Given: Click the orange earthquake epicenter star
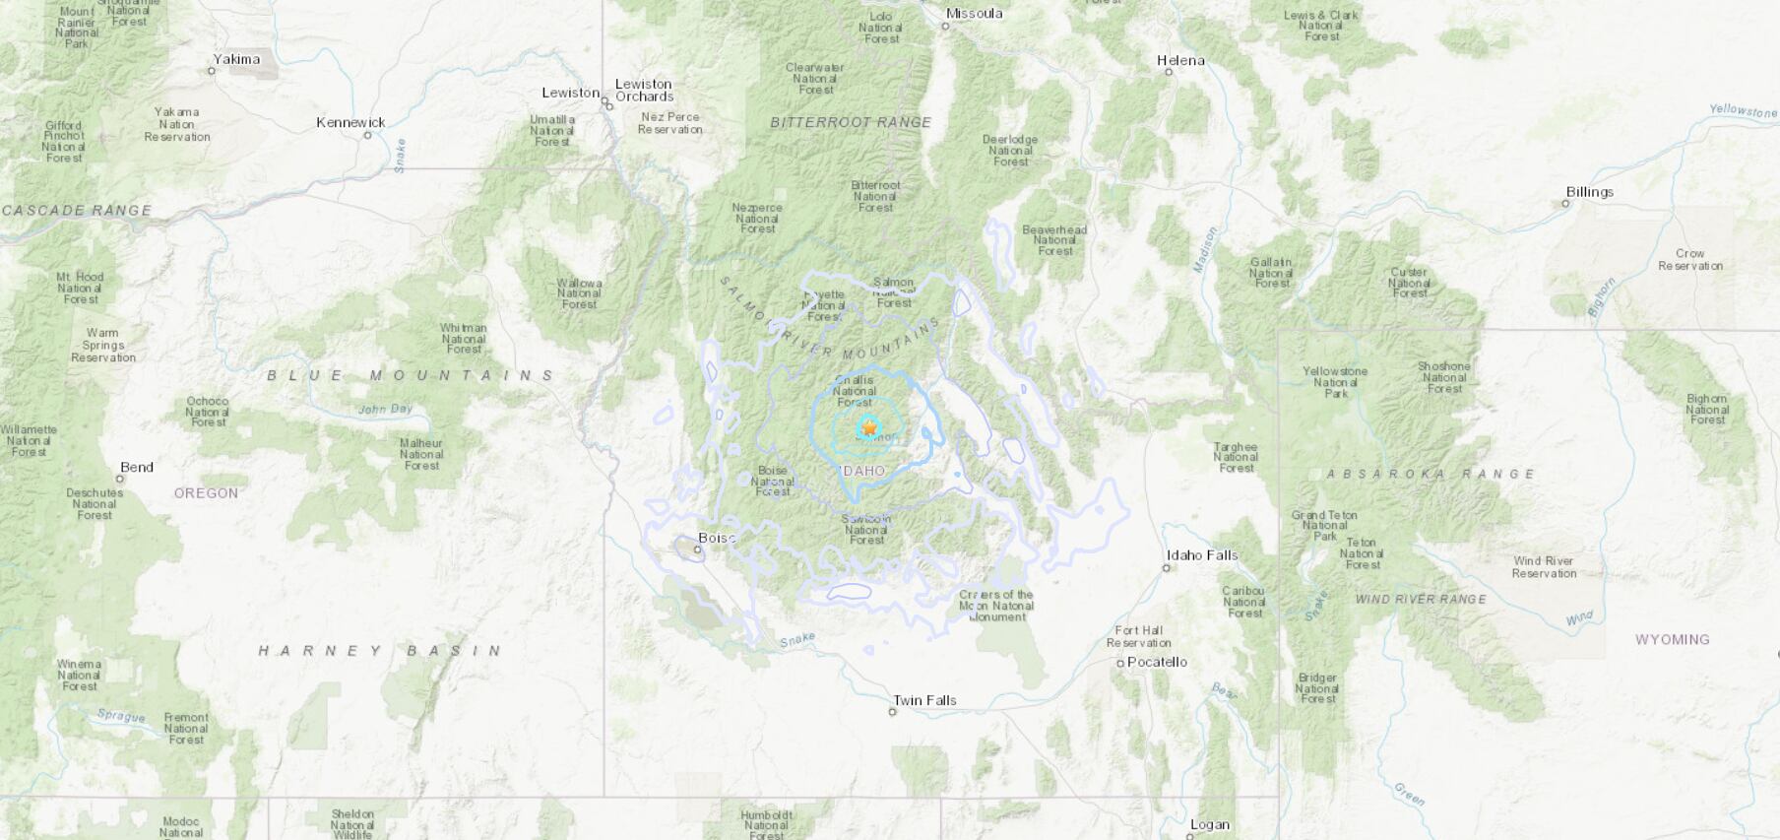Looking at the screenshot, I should tap(869, 427).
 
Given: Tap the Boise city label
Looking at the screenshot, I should tap(717, 538).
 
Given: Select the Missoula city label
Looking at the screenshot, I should tap(974, 13).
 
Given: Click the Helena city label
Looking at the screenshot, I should tap(1180, 60).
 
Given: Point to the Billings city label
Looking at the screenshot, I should tap(1589, 192).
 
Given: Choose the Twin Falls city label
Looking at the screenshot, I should tap(923, 700).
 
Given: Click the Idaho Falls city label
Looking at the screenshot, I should tap(1201, 554).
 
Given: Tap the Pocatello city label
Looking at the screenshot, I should tap(1157, 662).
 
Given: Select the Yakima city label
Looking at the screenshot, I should tap(237, 59).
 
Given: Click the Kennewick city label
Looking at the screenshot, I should tap(350, 122).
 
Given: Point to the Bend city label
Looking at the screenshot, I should tap(137, 467).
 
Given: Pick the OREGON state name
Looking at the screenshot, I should tap(206, 492).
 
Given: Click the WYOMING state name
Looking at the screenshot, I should tap(1672, 639).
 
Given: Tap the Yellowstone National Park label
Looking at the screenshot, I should tap(1335, 382).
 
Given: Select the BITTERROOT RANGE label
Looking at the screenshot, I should tap(851, 122).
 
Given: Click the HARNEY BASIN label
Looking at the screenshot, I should tap(380, 650).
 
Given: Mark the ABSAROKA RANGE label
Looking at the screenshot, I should tap(1430, 474).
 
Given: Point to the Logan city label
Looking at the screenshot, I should tap(1209, 825).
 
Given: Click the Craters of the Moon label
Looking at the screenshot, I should tap(996, 605).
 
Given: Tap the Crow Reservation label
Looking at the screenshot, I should tap(1690, 259).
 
